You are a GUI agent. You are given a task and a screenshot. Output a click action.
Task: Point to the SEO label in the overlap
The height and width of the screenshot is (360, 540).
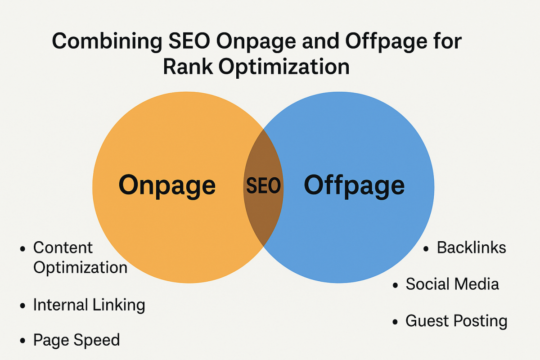click(263, 186)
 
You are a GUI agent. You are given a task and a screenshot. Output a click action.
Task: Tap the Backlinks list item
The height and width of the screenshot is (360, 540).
click(471, 248)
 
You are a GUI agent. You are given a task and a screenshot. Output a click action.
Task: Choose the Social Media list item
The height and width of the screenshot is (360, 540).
click(452, 284)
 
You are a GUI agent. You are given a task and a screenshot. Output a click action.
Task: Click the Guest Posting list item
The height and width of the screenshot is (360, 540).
click(456, 321)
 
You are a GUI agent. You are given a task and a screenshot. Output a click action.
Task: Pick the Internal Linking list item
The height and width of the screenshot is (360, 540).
click(89, 305)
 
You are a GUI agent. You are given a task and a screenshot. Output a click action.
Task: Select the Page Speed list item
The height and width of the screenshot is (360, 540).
click(76, 340)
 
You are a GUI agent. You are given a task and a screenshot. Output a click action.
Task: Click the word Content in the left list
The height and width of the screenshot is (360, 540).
click(63, 247)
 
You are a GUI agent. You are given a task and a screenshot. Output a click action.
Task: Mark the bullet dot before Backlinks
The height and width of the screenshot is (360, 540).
click(427, 249)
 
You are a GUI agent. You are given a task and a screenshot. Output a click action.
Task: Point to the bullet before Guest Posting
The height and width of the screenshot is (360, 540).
click(395, 322)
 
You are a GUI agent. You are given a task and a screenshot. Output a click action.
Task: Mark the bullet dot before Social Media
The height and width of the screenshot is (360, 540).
click(395, 285)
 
